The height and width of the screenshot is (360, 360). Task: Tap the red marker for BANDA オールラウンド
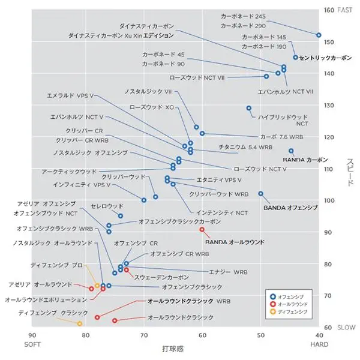[x=202, y=229]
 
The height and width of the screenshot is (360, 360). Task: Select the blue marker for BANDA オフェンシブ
[x=260, y=194]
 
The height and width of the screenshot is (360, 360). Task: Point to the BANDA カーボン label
[x=305, y=160]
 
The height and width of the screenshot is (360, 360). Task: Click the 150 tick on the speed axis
[x=329, y=42]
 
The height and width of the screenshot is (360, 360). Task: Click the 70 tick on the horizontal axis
[x=144, y=335]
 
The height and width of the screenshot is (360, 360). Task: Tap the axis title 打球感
[x=173, y=347]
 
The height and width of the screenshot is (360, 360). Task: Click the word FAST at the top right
[x=346, y=10]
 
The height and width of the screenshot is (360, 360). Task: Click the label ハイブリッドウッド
[x=283, y=117]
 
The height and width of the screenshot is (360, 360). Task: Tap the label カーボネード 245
[x=243, y=16]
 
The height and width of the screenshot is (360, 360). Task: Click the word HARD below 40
[x=319, y=344]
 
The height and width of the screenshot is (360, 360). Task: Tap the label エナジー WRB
[x=232, y=272]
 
